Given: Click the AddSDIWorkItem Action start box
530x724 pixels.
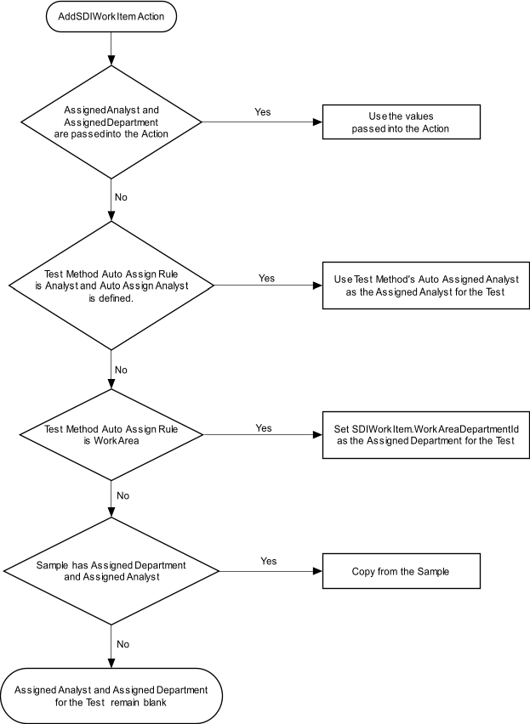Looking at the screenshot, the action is [111, 17].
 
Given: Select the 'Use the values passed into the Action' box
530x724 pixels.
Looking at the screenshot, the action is [401, 122].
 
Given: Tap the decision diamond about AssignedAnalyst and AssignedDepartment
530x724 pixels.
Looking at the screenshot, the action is [111, 122].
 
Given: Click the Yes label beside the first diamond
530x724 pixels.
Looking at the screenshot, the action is [263, 112].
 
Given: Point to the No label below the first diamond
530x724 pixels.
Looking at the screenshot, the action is [121, 197].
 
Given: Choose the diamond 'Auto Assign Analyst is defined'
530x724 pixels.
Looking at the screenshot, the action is [111, 286].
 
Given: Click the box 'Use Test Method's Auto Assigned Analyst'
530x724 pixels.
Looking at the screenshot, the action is [425, 286].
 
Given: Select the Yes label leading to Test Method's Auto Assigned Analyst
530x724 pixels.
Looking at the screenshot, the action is [266, 278].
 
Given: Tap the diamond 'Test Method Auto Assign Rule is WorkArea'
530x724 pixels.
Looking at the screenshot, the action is [111, 434].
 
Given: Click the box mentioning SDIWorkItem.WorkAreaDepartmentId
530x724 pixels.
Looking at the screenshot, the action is [425, 434].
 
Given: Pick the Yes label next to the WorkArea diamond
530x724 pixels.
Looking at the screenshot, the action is [264, 428].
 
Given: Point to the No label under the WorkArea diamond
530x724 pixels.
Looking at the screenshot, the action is [123, 495].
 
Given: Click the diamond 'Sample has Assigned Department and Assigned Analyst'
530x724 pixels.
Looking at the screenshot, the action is [111, 571].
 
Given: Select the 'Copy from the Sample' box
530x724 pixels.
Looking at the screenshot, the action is [401, 571].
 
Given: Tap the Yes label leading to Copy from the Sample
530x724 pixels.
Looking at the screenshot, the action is [269, 561].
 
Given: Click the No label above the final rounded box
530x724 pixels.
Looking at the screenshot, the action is [123, 644].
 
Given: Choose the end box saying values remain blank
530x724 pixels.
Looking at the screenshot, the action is [111, 696].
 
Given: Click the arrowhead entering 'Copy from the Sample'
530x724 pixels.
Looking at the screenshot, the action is [318, 571].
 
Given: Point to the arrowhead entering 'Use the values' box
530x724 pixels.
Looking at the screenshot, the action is [318, 122].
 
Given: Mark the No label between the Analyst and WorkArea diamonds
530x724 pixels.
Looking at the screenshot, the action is [121, 370].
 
